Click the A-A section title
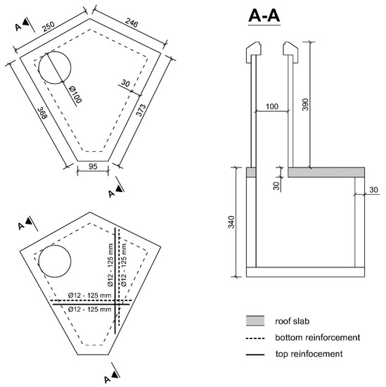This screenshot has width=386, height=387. pos(264,15)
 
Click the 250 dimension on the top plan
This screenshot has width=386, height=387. pos(49,27)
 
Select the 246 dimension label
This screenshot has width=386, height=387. pos(131,23)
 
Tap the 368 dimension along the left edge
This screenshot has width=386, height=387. pos(42,113)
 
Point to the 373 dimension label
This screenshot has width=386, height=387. pos(141,110)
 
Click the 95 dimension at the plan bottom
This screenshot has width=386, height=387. pos(93,167)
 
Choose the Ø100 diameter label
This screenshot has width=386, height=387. pos(75,94)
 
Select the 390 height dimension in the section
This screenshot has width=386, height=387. pos(305,104)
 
